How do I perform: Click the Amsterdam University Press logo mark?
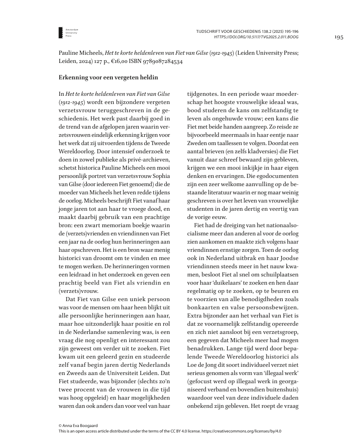point(61,32)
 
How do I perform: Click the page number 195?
point(339,37)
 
